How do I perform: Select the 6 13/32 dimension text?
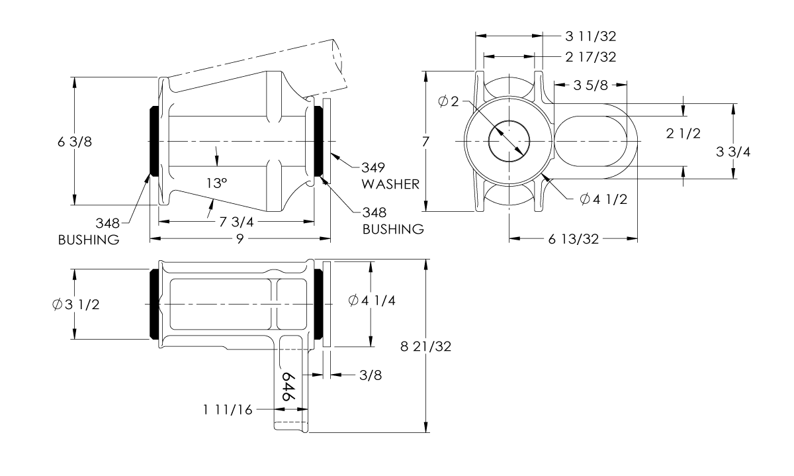pyautogui.click(x=574, y=240)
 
